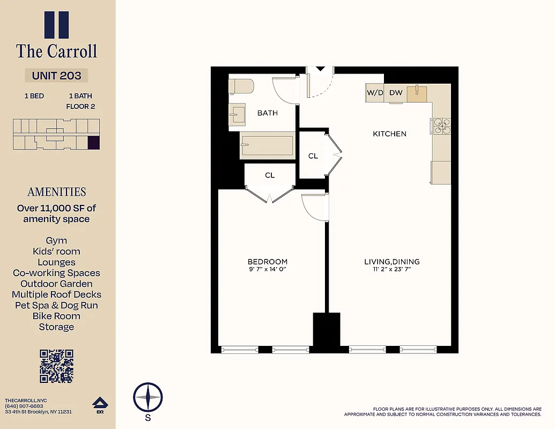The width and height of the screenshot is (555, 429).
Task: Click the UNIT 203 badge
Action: (56, 76)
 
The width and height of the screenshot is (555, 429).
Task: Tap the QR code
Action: (56, 366)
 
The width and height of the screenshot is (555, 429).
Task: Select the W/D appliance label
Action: (375, 93)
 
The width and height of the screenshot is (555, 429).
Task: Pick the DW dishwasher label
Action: (396, 93)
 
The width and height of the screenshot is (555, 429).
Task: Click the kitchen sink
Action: (418, 93)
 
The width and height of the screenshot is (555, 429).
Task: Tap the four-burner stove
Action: (442, 126)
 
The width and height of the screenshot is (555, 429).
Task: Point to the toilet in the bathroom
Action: (241, 86)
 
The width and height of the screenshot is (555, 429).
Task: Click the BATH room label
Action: (268, 113)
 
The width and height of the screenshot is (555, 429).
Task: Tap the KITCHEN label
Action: (389, 134)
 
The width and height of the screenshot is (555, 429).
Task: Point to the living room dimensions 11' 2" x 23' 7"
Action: (391, 269)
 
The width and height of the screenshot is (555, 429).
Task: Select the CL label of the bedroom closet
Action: (270, 175)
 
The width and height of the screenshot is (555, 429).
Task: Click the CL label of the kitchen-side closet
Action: (313, 156)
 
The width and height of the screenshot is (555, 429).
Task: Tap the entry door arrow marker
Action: (320, 69)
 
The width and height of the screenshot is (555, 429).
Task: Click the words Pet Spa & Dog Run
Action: (56, 305)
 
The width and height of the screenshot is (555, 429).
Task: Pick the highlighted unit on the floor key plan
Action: (93, 143)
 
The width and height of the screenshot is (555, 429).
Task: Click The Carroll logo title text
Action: (56, 51)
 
